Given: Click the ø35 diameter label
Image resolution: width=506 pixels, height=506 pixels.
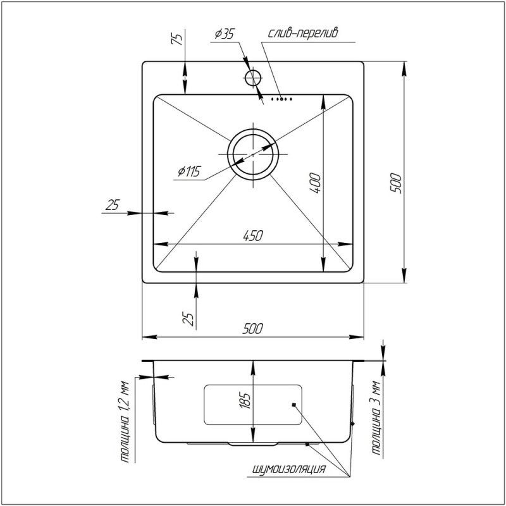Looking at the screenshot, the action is point(225,34).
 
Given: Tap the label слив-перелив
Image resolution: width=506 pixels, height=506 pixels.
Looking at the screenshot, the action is point(303,33).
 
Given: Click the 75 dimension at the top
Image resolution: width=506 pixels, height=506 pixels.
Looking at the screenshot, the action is point(176,39).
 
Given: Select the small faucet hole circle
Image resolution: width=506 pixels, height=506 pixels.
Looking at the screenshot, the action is point(253,78).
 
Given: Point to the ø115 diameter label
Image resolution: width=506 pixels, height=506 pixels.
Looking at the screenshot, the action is point(189,171).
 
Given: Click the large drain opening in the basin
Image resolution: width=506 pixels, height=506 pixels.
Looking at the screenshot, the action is point(253,154).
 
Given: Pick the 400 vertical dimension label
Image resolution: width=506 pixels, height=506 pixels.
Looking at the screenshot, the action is point(315,183).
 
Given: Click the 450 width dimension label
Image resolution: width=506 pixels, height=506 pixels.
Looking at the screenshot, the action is point(253,235).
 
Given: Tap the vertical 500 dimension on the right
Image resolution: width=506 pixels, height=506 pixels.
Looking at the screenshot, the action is point(396,183).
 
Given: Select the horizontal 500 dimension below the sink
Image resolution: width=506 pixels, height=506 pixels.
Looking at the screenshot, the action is point(252,329).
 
